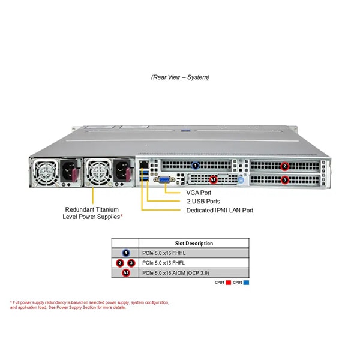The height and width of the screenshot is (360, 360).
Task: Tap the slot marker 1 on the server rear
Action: (195, 164)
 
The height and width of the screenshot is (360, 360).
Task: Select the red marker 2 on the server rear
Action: (285, 166)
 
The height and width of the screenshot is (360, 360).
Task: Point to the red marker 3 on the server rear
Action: (285, 179)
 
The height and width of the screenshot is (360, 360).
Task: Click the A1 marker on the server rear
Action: (213, 179)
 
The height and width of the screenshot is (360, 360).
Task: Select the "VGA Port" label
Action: (199, 193)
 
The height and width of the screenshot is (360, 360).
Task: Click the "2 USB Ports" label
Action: (203, 202)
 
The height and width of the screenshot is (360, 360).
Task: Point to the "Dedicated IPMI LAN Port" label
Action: (220, 211)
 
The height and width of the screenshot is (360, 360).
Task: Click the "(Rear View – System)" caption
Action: (180, 77)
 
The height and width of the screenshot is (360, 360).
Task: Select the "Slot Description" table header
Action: (194, 244)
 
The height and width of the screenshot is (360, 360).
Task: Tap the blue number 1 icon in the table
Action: (126, 253)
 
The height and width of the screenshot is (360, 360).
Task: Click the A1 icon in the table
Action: (126, 273)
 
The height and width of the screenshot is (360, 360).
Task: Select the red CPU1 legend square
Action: (229, 282)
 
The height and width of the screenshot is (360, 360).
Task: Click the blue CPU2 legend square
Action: (247, 282)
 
